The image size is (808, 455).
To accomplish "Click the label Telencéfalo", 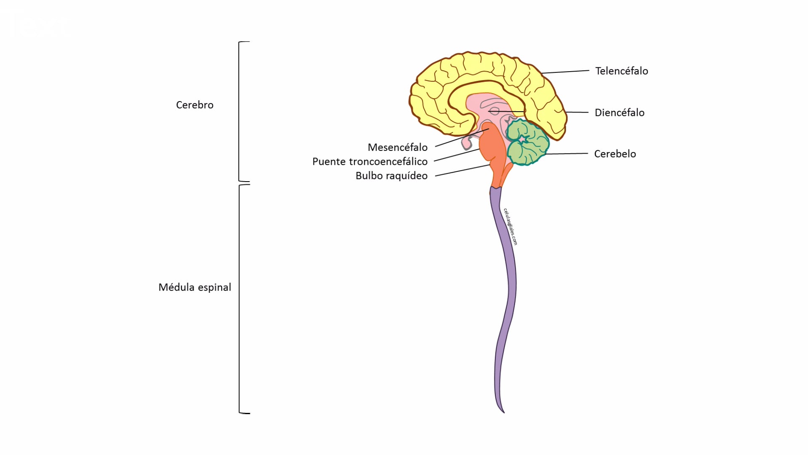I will (x=621, y=71).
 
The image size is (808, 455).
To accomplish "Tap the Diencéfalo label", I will (x=619, y=112).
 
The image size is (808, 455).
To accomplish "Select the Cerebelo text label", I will (x=614, y=154).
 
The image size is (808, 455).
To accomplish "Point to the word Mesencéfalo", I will (x=397, y=147).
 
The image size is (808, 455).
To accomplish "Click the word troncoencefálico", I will (x=388, y=162).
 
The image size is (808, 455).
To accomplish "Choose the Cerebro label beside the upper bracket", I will (x=194, y=105).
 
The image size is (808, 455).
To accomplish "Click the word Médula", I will (x=176, y=287).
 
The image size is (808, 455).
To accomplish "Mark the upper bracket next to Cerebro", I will (x=239, y=112).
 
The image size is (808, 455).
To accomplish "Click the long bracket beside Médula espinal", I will (x=239, y=299).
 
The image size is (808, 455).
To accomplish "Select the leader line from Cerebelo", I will (x=566, y=154).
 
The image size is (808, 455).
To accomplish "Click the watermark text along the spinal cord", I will (x=510, y=227).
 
